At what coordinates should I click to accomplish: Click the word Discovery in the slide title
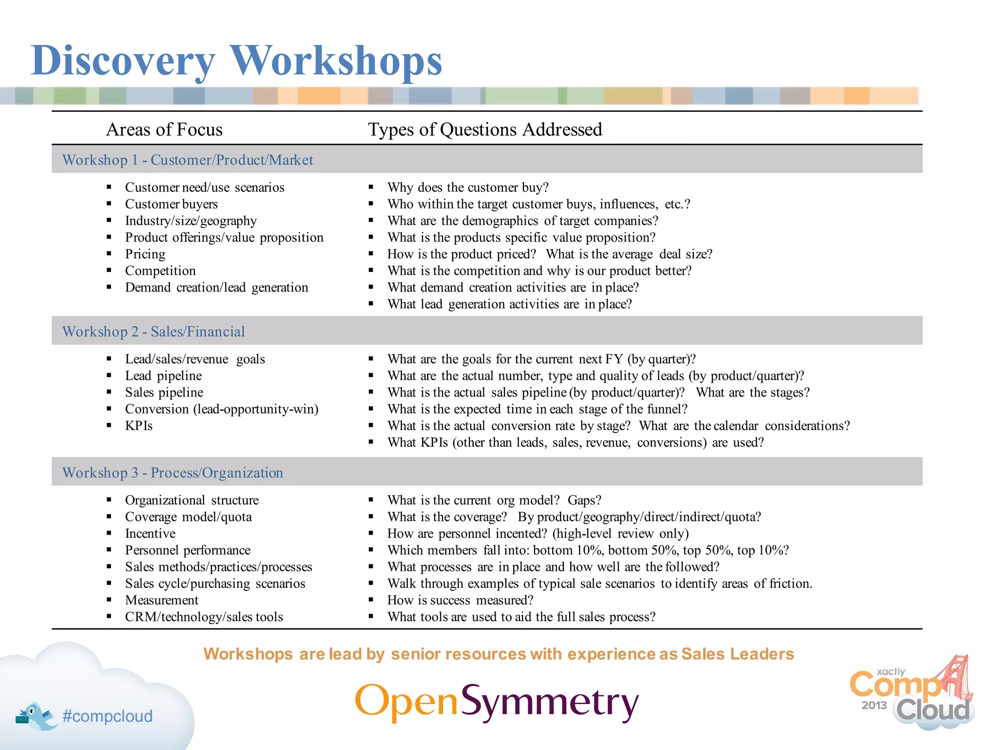(x=122, y=61)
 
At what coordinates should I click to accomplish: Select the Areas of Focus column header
(x=164, y=129)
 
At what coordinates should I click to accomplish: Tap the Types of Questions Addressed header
(x=484, y=129)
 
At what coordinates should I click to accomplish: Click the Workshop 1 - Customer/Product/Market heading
(x=187, y=160)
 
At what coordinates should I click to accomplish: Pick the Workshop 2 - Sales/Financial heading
(x=153, y=332)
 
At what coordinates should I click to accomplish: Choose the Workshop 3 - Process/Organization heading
(x=172, y=473)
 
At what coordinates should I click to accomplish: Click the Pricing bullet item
(x=145, y=254)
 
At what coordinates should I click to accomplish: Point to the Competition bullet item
(x=160, y=271)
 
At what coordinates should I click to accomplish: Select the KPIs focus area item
(x=139, y=426)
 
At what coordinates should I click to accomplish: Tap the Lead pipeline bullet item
(x=163, y=375)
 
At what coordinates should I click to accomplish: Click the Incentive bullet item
(x=150, y=533)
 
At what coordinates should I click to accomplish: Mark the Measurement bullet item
(x=162, y=600)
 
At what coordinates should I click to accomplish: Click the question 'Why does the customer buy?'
(x=468, y=187)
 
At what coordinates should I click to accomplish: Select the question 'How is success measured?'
(x=460, y=600)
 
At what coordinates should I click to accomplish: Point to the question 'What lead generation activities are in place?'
(x=509, y=304)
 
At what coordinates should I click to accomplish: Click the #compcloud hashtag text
(x=107, y=716)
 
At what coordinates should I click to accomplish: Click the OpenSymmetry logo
(x=496, y=702)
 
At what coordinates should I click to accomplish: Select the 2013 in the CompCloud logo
(x=874, y=705)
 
